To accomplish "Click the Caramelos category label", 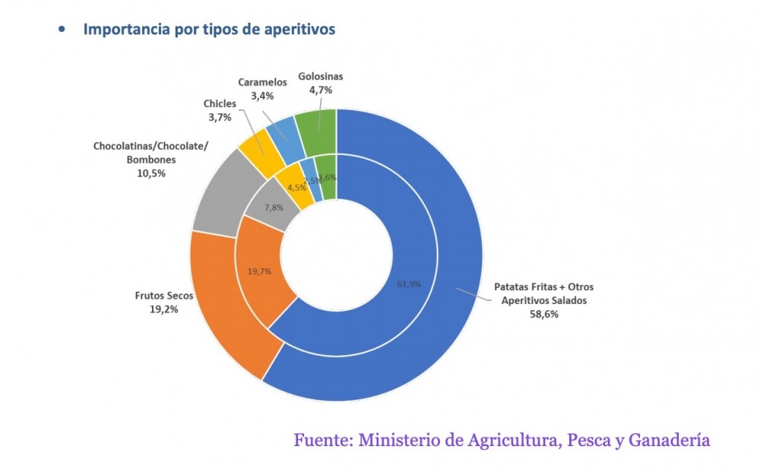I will click(x=262, y=82).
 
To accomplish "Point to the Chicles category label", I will click(x=220, y=103).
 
